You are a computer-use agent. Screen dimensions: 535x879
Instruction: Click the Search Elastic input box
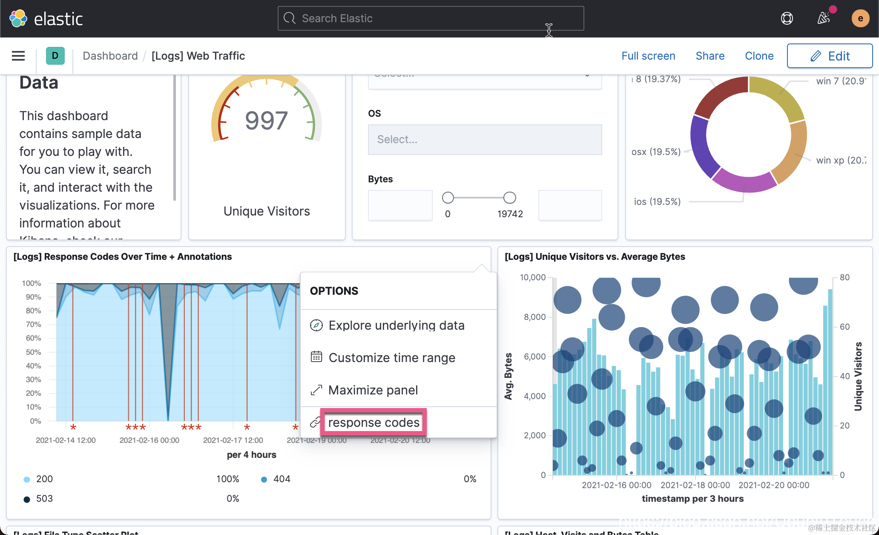(430, 18)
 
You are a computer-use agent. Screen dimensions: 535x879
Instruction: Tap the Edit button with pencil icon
(829, 56)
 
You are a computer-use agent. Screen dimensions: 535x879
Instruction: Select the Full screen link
(648, 56)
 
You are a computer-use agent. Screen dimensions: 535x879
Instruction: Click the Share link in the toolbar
(710, 56)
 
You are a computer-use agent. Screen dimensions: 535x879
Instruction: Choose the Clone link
(759, 56)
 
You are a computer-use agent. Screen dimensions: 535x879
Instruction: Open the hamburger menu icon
(18, 56)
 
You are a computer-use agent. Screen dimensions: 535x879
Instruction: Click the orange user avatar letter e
(860, 18)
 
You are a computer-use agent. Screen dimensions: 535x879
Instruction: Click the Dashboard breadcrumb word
(110, 56)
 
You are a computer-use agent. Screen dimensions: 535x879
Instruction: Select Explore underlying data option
(396, 325)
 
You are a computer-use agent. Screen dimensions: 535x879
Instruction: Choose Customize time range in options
(391, 358)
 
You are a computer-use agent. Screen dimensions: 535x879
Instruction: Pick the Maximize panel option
(373, 390)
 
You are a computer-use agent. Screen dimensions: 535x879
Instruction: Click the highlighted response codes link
(373, 423)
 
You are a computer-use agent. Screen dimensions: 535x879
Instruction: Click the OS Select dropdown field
(485, 140)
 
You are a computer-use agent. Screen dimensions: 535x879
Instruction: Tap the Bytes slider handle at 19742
(509, 198)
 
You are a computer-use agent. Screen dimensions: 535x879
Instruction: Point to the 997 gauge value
(267, 121)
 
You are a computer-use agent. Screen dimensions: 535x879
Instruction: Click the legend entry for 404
(282, 479)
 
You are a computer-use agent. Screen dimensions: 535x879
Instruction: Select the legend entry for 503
(44, 499)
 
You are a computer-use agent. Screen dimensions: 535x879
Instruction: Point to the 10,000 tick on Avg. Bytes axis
(532, 278)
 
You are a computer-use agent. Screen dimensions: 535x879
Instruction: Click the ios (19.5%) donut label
(657, 202)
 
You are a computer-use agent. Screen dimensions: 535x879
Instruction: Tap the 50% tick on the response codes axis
(33, 352)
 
